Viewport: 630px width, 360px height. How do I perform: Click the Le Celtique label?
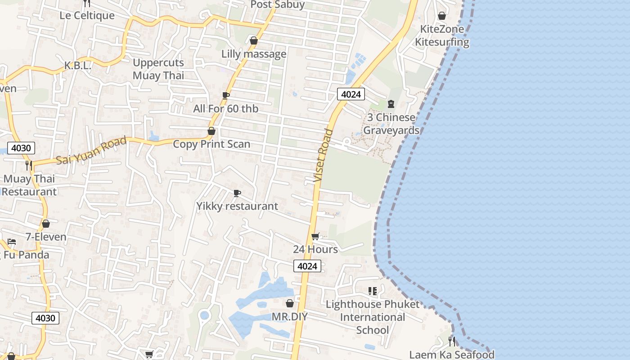(87, 16)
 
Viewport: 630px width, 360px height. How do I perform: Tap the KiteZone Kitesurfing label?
(442, 36)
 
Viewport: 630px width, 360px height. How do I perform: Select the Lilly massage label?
(254, 54)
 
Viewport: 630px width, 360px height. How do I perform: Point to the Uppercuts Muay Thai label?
(158, 69)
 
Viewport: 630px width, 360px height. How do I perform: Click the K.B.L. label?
(77, 66)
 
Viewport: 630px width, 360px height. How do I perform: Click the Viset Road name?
(324, 155)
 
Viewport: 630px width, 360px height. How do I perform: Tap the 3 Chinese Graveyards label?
(391, 124)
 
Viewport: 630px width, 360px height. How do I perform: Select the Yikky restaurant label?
(237, 206)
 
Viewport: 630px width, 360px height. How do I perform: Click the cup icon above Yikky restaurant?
(237, 193)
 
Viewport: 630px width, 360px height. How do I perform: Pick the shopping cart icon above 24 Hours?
(315, 237)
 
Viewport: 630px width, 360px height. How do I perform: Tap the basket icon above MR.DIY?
(290, 304)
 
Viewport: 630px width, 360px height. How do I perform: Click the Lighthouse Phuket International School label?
(372, 317)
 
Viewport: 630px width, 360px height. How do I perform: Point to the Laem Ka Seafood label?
(452, 355)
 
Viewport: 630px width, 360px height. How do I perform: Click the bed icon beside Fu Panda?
(12, 242)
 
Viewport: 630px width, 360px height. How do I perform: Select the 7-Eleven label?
(46, 237)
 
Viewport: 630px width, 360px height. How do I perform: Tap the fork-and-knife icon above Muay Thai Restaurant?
(29, 165)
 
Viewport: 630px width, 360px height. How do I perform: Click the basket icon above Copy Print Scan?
(211, 131)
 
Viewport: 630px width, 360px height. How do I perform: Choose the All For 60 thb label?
(226, 108)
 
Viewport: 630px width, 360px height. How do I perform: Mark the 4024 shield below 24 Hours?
(308, 266)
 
